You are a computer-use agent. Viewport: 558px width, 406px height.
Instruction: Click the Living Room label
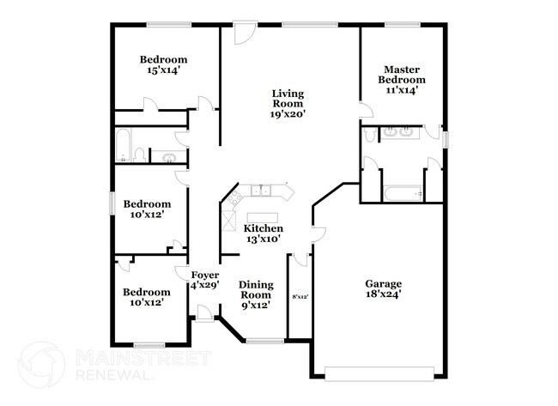point(288,103)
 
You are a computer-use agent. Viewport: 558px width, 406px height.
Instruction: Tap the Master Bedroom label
point(402,80)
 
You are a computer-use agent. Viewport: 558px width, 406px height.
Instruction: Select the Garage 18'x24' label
point(383,288)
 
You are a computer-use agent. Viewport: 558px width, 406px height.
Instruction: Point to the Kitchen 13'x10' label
point(264,233)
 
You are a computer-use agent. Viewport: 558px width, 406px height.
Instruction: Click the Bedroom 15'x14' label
point(164,65)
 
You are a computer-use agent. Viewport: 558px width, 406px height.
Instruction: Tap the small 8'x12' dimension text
point(300,296)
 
